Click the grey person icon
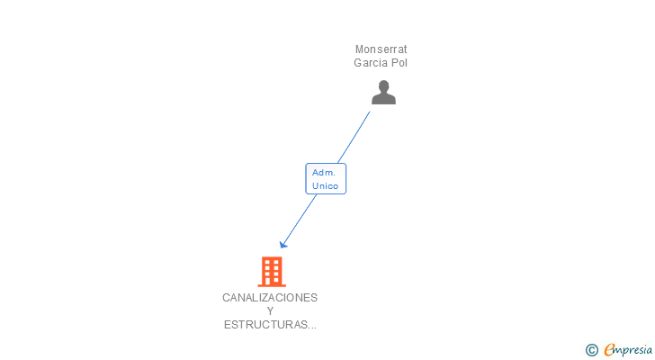(383, 93)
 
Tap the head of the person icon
(383, 86)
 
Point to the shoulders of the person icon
(383, 99)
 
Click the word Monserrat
(381, 49)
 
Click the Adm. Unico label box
(326, 179)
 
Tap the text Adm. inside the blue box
(324, 172)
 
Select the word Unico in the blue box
(326, 186)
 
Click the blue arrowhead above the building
(283, 243)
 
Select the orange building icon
(271, 271)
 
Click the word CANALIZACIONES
(270, 297)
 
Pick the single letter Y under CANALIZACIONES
(270, 311)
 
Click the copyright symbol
(591, 350)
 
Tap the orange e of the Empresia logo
(609, 350)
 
